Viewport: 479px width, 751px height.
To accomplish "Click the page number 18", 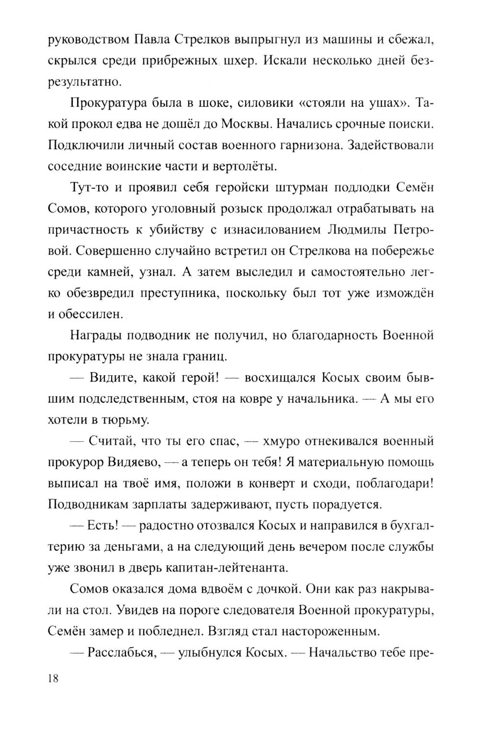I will (53, 678).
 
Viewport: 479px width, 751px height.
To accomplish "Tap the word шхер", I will (237, 61).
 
